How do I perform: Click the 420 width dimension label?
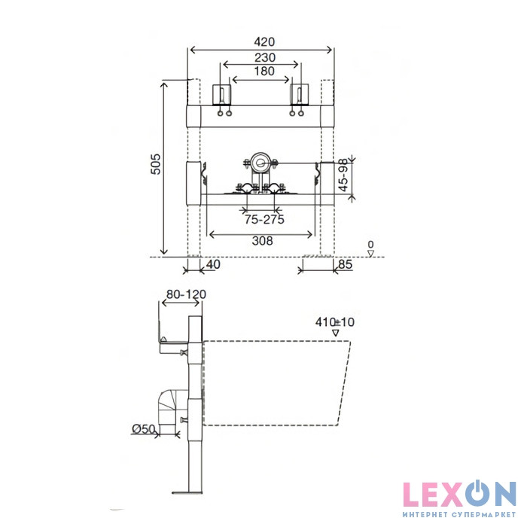[264, 41]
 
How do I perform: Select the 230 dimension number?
[265, 58]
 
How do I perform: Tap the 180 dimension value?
[264, 72]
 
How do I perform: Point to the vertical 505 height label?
[155, 164]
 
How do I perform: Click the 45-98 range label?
[343, 175]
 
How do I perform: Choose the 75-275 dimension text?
[264, 220]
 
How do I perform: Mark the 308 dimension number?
[262, 241]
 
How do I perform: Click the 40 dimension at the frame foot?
[213, 264]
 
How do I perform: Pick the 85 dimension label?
[346, 265]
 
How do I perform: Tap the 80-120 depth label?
[186, 294]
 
